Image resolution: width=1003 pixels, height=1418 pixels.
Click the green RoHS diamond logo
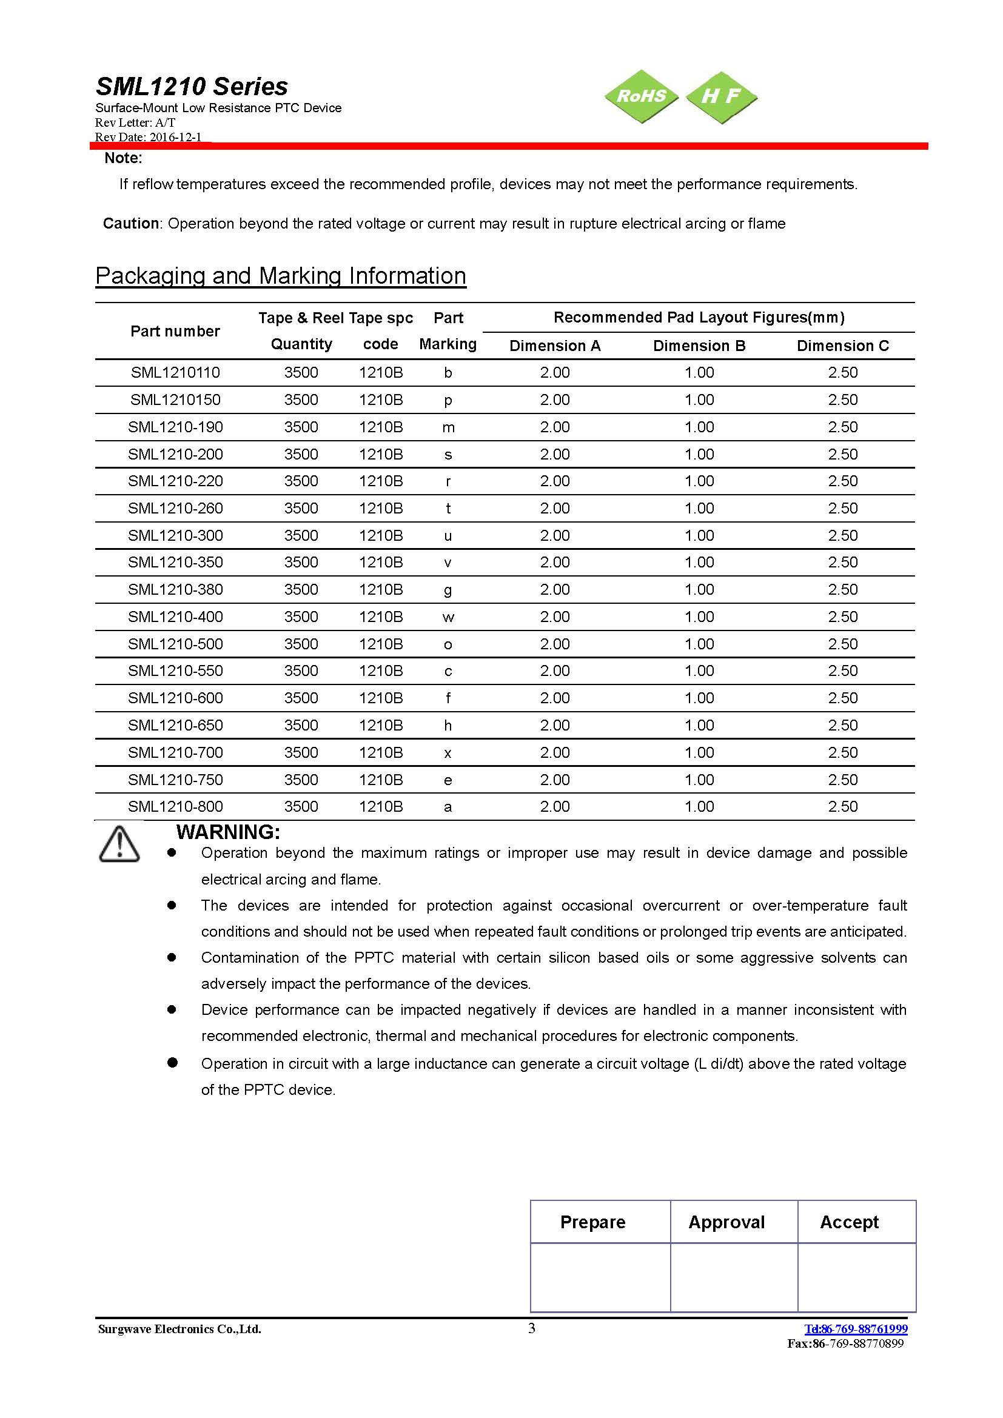pyautogui.click(x=642, y=96)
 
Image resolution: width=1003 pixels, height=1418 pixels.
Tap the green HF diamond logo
pyautogui.click(x=722, y=96)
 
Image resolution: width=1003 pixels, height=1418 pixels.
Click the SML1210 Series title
pyautogui.click(x=192, y=87)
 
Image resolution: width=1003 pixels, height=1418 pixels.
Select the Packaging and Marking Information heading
pyautogui.click(x=280, y=275)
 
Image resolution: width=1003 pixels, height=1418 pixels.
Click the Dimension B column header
pyautogui.click(x=699, y=346)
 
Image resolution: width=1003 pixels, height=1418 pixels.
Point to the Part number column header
pyautogui.click(x=175, y=332)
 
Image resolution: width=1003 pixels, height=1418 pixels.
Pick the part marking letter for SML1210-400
pyautogui.click(x=448, y=617)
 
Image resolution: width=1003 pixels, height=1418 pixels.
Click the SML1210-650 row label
pyautogui.click(x=175, y=725)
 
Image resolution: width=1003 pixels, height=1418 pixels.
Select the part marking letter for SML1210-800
pyautogui.click(x=448, y=806)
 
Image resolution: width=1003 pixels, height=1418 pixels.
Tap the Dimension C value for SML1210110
pyautogui.click(x=842, y=372)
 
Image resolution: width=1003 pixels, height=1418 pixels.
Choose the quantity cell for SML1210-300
pyautogui.click(x=301, y=535)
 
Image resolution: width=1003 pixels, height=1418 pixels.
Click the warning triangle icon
pyautogui.click(x=119, y=843)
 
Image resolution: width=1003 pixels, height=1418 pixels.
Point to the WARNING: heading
pyautogui.click(x=228, y=832)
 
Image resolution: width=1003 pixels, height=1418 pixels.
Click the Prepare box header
pyautogui.click(x=592, y=1222)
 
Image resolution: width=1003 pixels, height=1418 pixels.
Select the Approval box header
pyautogui.click(x=726, y=1222)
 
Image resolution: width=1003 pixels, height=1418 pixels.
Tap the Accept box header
pyautogui.click(x=849, y=1222)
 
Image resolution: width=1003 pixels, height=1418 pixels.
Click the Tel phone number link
pyautogui.click(x=856, y=1328)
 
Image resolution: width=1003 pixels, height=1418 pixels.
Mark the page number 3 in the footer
pyautogui.click(x=532, y=1328)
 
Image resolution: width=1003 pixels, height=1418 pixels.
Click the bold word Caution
pyautogui.click(x=131, y=224)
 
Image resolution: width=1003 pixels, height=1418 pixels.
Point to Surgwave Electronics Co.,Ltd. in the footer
pyautogui.click(x=179, y=1329)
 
